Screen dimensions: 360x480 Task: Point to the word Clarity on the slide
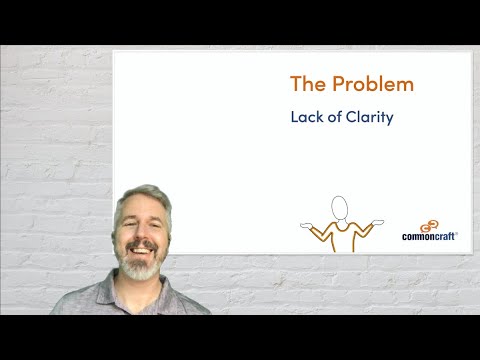369,117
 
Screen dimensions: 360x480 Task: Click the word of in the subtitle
333,117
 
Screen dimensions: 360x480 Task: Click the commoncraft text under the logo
429,237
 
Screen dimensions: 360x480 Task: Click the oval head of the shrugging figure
340,207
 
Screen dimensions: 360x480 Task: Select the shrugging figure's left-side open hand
307,223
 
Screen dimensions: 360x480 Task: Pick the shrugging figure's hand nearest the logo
376,222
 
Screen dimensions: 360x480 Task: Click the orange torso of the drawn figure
340,234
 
